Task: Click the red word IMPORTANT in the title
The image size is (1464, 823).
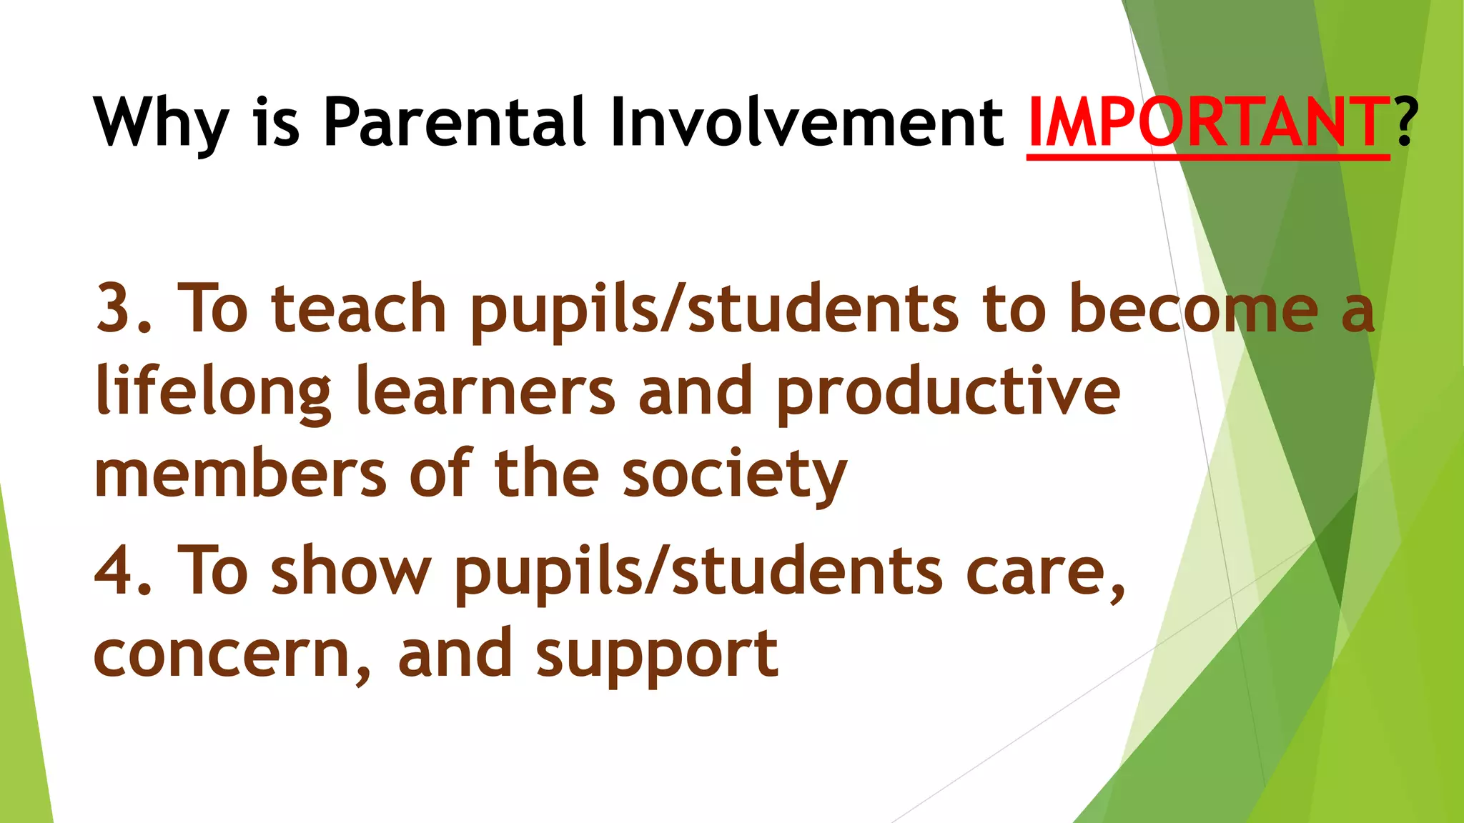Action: [x=1207, y=123]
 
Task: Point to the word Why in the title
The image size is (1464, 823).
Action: [x=161, y=123]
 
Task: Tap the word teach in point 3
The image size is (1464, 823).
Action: [x=359, y=309]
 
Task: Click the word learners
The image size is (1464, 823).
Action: [x=485, y=391]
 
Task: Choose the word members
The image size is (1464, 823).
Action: [x=240, y=474]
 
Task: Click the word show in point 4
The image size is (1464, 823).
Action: [x=351, y=570]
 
